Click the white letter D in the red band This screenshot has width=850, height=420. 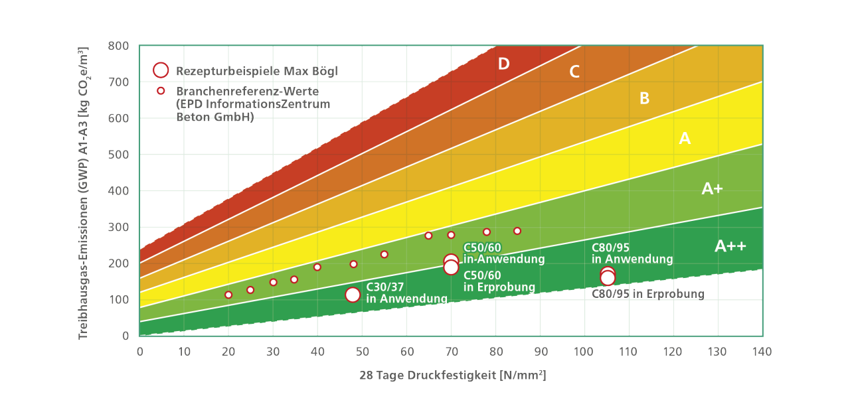tap(504, 64)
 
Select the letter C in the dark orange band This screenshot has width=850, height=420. tap(574, 72)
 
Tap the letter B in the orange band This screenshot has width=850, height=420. tap(644, 99)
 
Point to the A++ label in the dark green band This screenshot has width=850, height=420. tap(730, 246)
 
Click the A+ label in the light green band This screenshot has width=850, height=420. tap(712, 189)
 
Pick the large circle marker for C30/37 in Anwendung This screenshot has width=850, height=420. tap(353, 295)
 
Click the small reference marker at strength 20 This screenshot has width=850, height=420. tap(228, 295)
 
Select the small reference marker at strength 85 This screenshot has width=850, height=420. tap(517, 231)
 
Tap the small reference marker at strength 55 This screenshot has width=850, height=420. tap(384, 254)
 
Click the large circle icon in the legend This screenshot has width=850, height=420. tap(161, 70)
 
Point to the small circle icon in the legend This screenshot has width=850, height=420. tap(161, 90)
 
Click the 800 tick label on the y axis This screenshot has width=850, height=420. tap(119, 46)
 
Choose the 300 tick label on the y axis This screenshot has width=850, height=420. tap(119, 227)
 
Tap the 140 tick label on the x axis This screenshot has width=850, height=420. tap(762, 351)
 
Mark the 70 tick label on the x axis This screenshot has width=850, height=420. tap(451, 351)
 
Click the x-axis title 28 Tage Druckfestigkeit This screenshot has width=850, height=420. tap(453, 376)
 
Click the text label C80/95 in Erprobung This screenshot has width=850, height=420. tap(648, 294)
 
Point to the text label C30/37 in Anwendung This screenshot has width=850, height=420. tap(406, 293)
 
